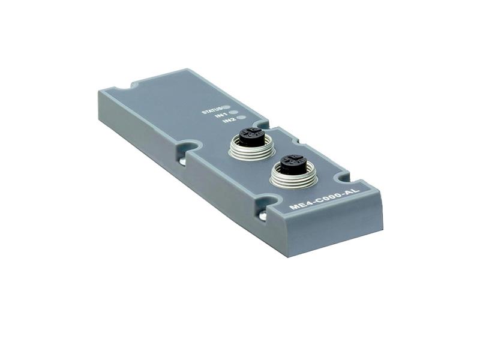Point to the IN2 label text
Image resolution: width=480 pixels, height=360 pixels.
coord(229,121)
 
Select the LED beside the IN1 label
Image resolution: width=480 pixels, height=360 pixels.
coord(234,113)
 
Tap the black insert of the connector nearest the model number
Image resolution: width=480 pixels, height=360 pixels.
coord(292,162)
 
